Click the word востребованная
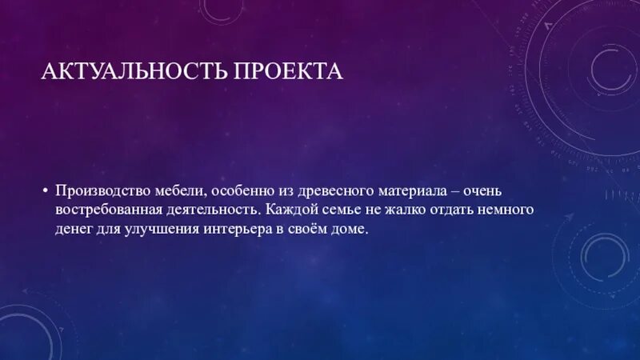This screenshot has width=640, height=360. (102, 210)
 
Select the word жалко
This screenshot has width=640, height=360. (397, 210)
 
